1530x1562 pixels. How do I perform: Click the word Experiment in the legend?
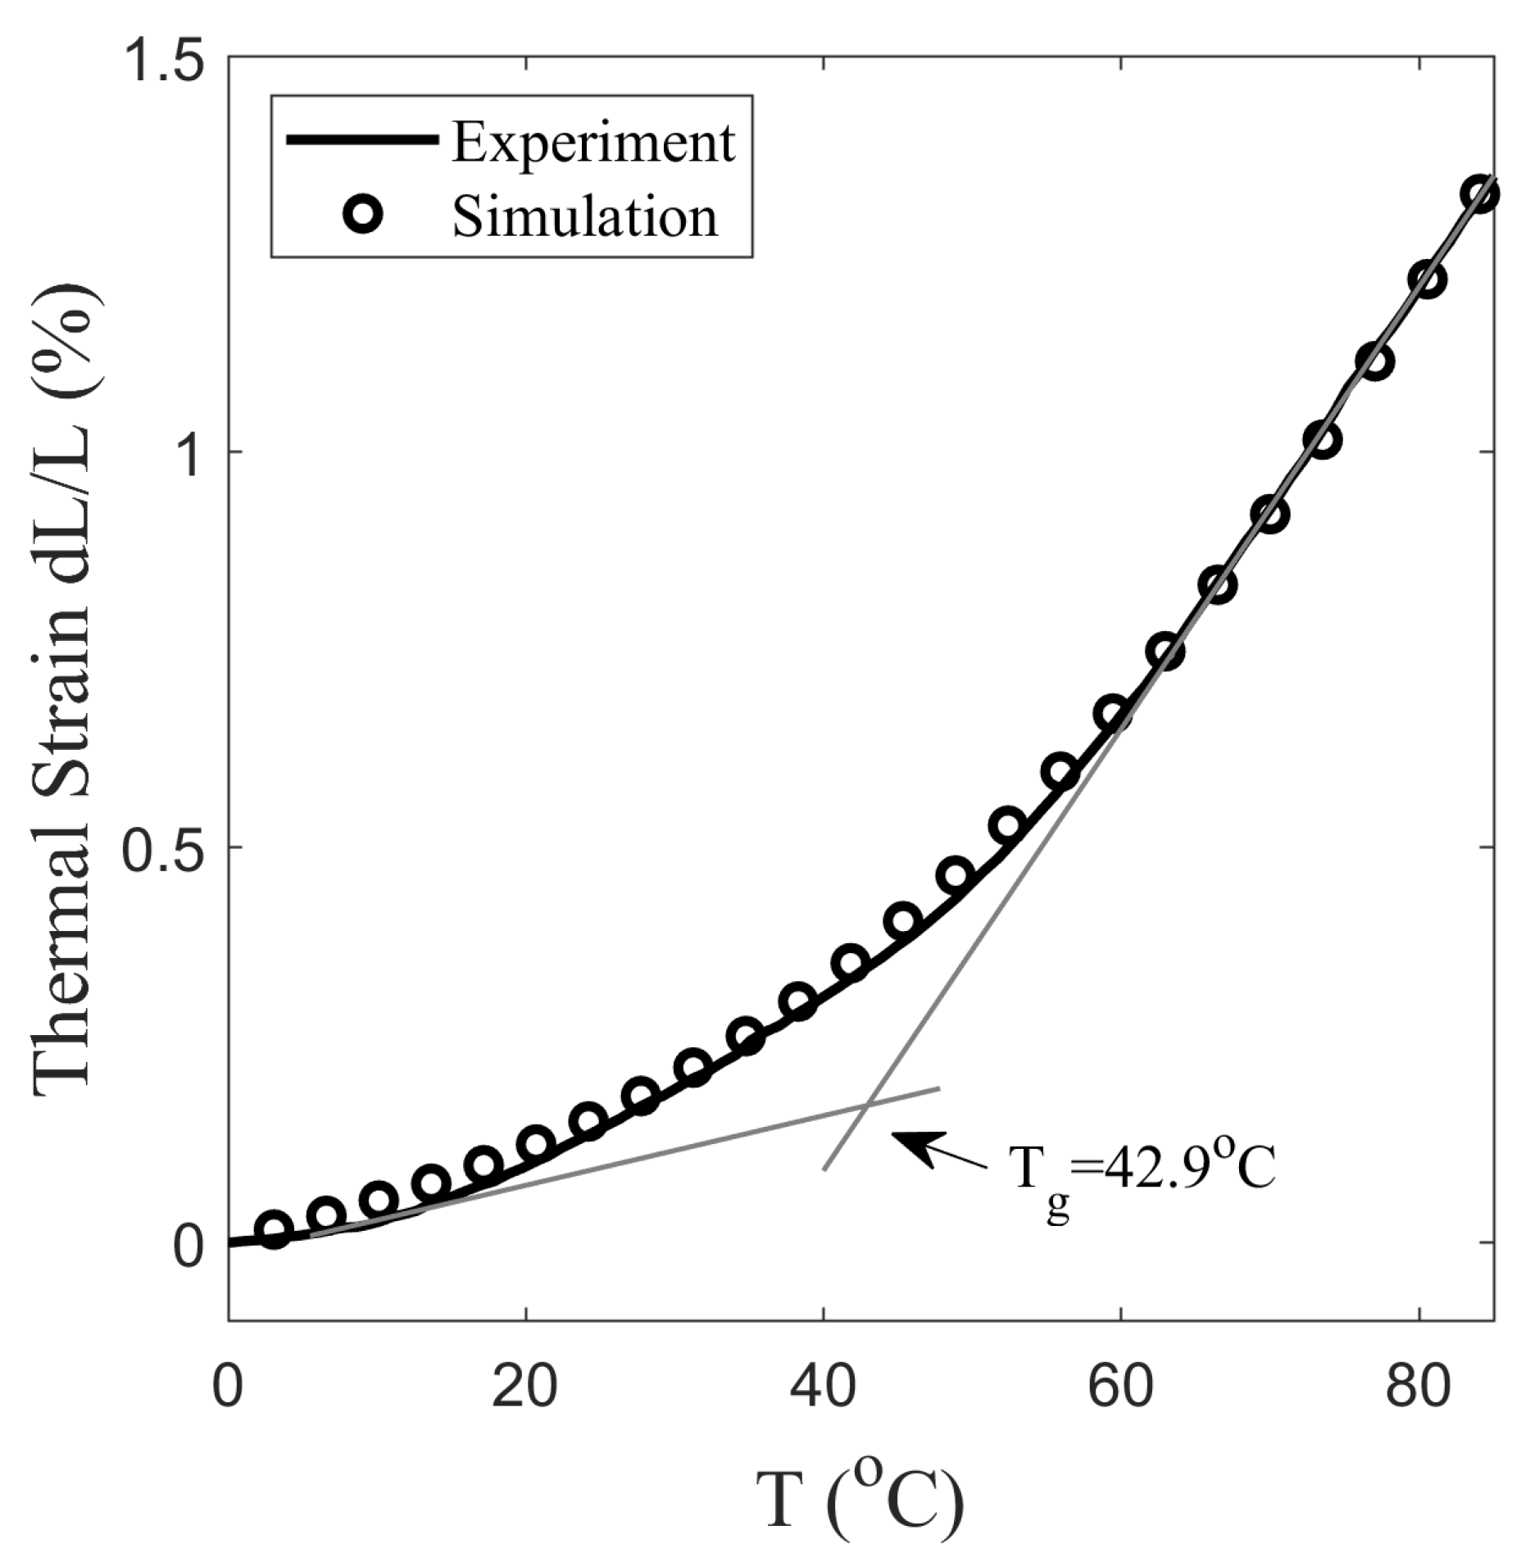tap(593, 143)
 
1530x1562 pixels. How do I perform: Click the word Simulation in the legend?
tap(584, 217)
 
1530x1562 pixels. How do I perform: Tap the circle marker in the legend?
tap(363, 216)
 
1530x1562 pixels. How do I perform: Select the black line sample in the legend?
tap(361, 140)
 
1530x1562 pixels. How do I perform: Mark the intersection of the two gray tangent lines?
tap(866, 1103)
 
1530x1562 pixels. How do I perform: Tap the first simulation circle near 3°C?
tap(275, 1230)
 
